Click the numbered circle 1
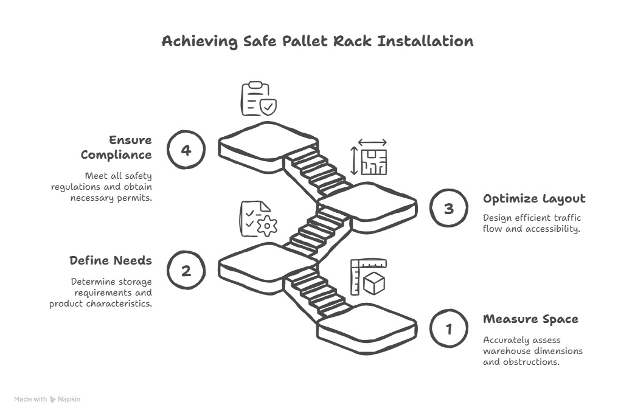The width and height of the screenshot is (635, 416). coord(449,329)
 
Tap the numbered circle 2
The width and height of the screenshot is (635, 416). coord(186,270)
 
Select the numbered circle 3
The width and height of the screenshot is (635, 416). coord(449,209)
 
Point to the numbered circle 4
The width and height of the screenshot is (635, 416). coord(186,149)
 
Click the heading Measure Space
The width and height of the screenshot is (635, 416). coord(530,319)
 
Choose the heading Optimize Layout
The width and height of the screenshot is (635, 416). coord(534,199)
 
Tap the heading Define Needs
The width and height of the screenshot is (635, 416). coord(110,261)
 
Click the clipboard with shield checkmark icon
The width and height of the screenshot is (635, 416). coord(259,99)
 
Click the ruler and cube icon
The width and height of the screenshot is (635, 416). coord(369,277)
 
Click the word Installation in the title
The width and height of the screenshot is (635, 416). coord(425,41)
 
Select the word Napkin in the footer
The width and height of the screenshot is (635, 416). coord(69,400)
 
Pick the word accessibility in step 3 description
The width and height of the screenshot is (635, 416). coord(551,229)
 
